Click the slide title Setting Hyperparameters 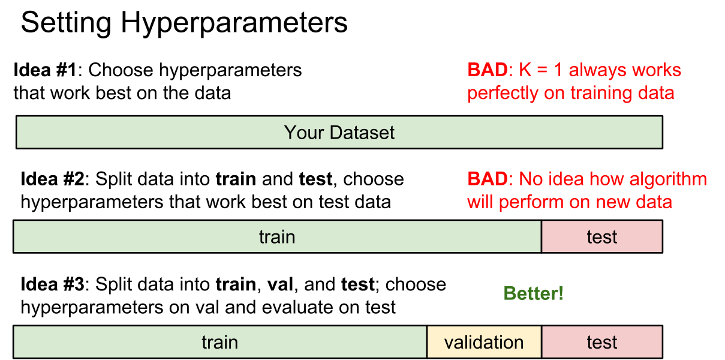[184, 23]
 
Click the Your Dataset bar [339, 132]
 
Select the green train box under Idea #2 [277, 236]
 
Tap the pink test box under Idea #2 [602, 236]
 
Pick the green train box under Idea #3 [219, 342]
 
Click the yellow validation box [484, 342]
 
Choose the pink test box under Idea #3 [602, 342]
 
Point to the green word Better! [533, 293]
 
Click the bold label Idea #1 [46, 70]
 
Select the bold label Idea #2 [52, 179]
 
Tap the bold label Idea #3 [52, 284]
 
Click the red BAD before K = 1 [488, 70]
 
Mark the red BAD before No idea [488, 179]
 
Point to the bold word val [280, 284]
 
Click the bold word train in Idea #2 [236, 179]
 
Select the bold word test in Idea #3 [357, 284]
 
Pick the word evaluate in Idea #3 [297, 307]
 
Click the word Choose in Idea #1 [121, 70]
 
